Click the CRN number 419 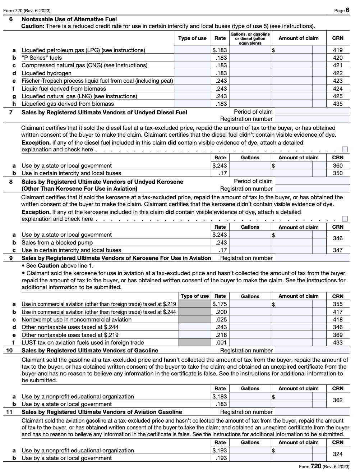(x=337, y=50)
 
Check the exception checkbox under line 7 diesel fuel (x=345, y=149)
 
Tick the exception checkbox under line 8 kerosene (x=345, y=219)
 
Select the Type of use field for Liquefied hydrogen (x=192, y=73)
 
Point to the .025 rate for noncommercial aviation (x=221, y=320)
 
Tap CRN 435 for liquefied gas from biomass (x=337, y=104)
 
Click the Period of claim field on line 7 (x=312, y=112)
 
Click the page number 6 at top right (x=347, y=10)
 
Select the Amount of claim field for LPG (x=292, y=50)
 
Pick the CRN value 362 (x=337, y=400)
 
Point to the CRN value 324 (x=337, y=454)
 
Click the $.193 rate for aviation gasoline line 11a (x=220, y=451)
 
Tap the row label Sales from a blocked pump (x=57, y=243)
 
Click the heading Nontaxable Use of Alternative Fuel (x=69, y=19)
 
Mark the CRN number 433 (x=337, y=343)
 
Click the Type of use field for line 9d (x=194, y=327)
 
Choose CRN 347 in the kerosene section (x=337, y=250)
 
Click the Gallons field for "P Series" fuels (x=250, y=58)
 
